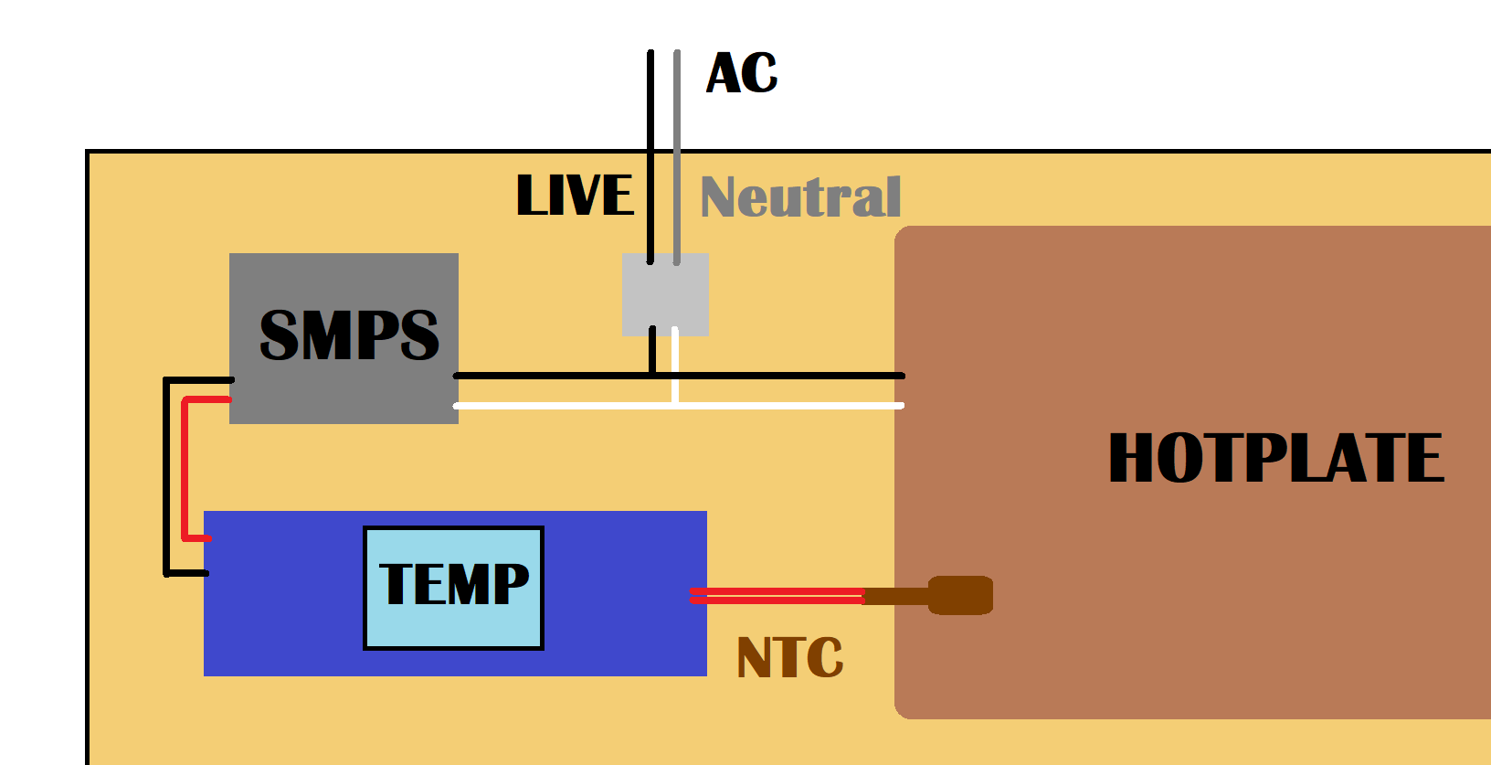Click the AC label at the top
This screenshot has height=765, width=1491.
(742, 73)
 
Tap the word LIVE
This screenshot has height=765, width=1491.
(575, 196)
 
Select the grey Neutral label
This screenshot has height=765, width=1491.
(800, 197)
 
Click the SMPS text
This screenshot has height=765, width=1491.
(349, 335)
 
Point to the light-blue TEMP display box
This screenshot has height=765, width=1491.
(453, 588)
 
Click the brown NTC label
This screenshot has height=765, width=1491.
(789, 658)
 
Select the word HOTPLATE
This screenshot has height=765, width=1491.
(1275, 458)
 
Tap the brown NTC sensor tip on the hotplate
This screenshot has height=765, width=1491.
(961, 595)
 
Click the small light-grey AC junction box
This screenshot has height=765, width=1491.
(665, 294)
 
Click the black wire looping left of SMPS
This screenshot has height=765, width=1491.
(166, 475)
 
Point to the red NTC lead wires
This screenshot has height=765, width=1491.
(777, 597)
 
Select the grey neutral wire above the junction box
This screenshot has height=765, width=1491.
(677, 155)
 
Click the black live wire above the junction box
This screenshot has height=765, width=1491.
(650, 155)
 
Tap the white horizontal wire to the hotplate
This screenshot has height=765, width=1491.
(786, 405)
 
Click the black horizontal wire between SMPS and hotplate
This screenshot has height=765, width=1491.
(786, 376)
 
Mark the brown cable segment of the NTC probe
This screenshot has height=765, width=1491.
(895, 597)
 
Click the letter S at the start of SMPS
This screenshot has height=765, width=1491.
(280, 335)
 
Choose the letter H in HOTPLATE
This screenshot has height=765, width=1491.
(1131, 458)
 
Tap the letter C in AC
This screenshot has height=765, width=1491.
(760, 74)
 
